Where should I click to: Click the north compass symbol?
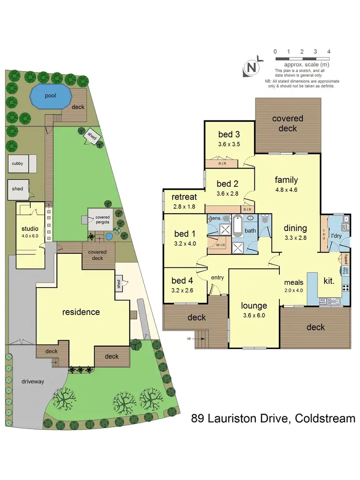[x=251, y=67]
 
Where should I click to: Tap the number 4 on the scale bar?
[x=329, y=51]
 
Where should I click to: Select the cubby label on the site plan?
[x=17, y=164]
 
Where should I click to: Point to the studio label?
[x=29, y=228]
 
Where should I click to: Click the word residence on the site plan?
[x=81, y=312]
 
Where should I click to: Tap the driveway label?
[x=33, y=382]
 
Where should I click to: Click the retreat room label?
[x=185, y=197]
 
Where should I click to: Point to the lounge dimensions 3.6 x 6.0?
[x=254, y=315]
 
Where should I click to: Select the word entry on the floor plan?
[x=217, y=278]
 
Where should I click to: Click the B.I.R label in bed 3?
[x=221, y=163]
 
